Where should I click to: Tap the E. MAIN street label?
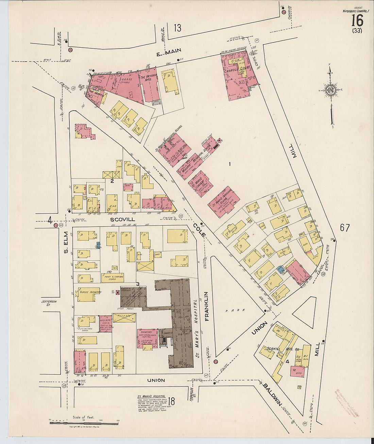coord(167,54)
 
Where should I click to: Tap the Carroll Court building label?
coord(237,68)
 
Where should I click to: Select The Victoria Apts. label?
coord(149,77)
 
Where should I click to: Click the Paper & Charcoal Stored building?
coord(113,278)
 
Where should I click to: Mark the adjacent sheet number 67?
coord(345,228)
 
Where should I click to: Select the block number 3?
coord(138,284)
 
